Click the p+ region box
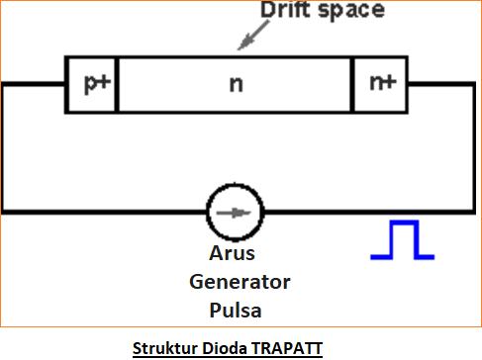92,84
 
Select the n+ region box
379,84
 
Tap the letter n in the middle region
236,85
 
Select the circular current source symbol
236,212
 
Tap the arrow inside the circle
236,212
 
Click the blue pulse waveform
402,240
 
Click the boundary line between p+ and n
117,84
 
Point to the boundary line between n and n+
353,84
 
